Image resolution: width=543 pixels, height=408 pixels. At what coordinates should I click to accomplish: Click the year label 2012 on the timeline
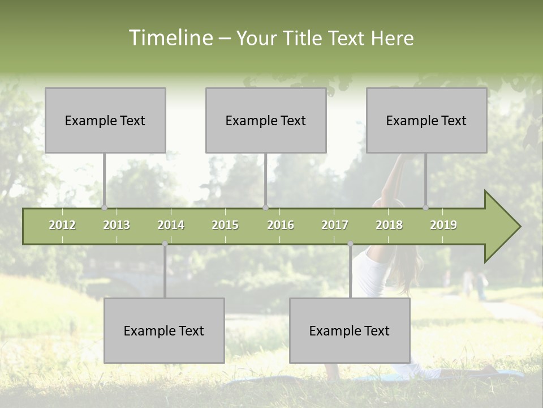[62, 225]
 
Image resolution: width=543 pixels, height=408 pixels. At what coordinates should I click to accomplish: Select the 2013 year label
[117, 225]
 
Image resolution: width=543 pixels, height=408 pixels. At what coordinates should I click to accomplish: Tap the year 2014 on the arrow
[171, 225]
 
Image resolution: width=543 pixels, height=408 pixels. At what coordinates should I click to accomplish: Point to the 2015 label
[225, 225]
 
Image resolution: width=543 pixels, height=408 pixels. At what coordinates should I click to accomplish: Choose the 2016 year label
[281, 225]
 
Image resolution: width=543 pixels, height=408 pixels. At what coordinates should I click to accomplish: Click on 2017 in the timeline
[335, 225]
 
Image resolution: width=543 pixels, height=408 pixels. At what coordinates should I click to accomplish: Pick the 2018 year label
[389, 225]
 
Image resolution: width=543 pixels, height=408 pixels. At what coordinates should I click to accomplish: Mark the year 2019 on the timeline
[443, 225]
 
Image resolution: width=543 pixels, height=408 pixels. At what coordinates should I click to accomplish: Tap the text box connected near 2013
[105, 120]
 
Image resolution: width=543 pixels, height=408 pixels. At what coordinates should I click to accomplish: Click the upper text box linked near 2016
[266, 120]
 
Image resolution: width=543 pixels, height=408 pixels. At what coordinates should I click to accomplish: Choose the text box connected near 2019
[426, 120]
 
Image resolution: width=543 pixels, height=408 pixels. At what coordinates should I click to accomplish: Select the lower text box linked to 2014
[164, 330]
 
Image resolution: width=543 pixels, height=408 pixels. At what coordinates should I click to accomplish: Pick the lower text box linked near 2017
[350, 330]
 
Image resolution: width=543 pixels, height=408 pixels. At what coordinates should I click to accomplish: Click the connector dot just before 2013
[104, 207]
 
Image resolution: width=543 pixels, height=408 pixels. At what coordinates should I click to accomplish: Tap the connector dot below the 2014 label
[165, 244]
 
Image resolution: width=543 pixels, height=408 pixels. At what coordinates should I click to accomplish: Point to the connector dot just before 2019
[426, 207]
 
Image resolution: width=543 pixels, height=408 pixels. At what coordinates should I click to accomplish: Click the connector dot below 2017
[350, 244]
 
